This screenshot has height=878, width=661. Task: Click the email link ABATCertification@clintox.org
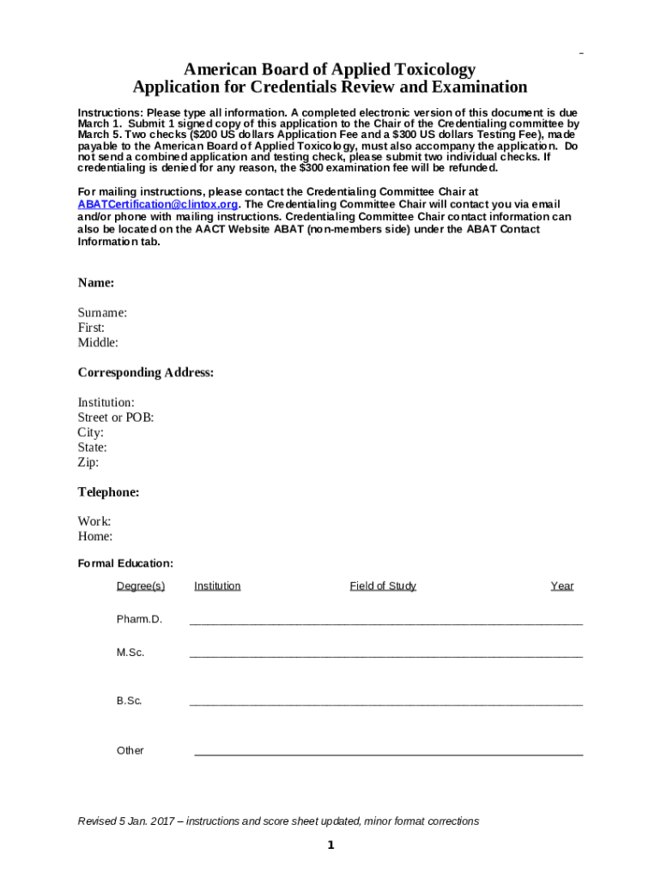click(158, 205)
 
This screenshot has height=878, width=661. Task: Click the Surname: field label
click(103, 313)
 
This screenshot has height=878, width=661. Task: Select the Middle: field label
click(98, 343)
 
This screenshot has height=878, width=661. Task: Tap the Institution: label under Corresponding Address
click(106, 403)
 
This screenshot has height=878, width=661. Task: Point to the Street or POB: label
click(116, 418)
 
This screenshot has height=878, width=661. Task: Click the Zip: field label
click(88, 462)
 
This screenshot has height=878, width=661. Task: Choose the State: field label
click(93, 448)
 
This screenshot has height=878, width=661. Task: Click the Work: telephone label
click(94, 521)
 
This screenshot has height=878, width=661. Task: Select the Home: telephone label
click(95, 537)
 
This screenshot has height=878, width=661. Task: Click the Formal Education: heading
click(125, 563)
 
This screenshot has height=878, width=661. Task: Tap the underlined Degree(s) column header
click(141, 586)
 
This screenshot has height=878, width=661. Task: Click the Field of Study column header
click(383, 586)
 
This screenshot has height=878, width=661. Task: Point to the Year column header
click(562, 586)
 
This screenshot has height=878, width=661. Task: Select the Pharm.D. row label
click(139, 619)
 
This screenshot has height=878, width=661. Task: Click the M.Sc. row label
click(130, 652)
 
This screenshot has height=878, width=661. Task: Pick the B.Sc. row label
click(130, 701)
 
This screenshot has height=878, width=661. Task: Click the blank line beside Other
click(388, 754)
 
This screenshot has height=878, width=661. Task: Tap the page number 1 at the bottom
click(330, 846)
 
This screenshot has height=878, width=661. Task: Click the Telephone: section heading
click(108, 492)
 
